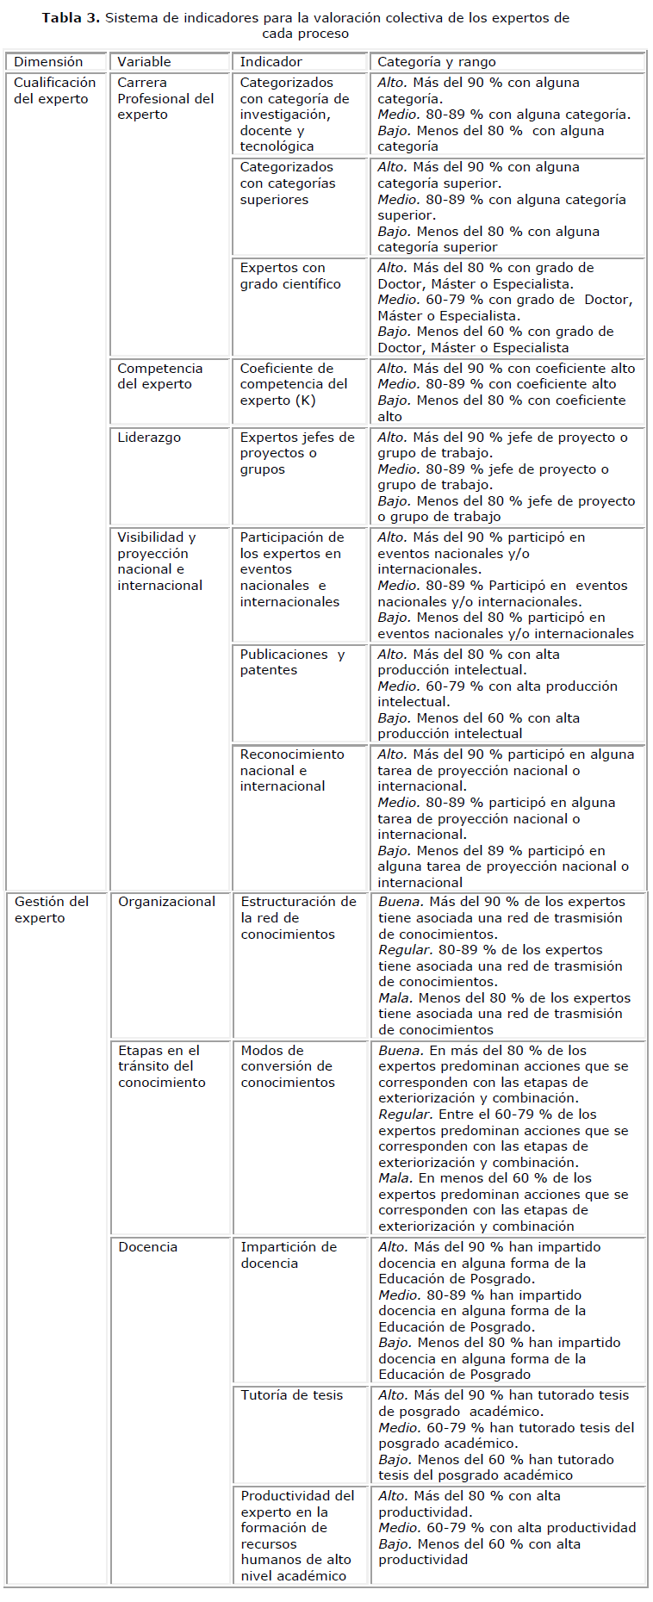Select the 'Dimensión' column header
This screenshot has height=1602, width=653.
[x=48, y=62]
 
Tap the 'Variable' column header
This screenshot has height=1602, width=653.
[x=144, y=62]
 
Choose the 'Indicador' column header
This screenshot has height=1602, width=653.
[x=271, y=62]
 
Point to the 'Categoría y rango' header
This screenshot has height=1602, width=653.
[x=436, y=62]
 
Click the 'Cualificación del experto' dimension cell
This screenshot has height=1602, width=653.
[x=54, y=90]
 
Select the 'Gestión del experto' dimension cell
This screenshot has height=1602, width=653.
[x=51, y=910]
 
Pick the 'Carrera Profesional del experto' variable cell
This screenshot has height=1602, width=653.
[x=165, y=98]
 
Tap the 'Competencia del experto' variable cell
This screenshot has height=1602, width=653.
[x=159, y=376]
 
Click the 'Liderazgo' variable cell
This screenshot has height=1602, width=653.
[x=149, y=438]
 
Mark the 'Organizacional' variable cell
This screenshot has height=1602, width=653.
[x=166, y=902]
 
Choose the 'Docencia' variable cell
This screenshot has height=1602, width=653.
[x=147, y=1247]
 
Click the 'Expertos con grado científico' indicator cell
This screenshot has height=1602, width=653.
[x=290, y=276]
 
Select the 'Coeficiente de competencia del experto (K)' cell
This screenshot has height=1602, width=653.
[x=293, y=384]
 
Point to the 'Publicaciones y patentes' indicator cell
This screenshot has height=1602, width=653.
[x=291, y=662]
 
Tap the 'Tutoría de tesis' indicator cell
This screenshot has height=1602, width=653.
[x=291, y=1395]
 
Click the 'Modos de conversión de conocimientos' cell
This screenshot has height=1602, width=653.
[x=287, y=1066]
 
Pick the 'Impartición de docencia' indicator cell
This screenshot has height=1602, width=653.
[x=288, y=1255]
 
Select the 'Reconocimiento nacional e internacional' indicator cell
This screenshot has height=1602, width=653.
[x=292, y=770]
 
